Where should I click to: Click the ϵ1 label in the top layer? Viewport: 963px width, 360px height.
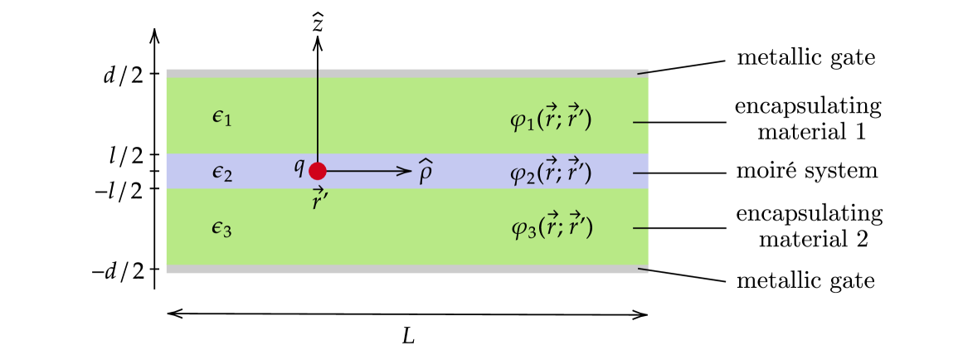click(221, 119)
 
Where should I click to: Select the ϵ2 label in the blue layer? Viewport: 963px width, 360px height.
click(221, 173)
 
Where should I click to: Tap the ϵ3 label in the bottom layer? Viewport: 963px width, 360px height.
click(221, 228)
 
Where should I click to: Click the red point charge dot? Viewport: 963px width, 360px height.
click(318, 171)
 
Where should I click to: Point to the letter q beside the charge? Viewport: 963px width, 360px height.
click(299, 166)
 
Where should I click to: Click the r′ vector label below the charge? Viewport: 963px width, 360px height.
click(319, 199)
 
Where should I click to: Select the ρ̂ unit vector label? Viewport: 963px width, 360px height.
click(425, 173)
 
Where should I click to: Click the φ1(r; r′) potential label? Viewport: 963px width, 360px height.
click(551, 119)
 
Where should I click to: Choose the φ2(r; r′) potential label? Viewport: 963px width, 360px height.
click(551, 173)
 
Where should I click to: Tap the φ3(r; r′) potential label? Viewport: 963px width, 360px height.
click(552, 226)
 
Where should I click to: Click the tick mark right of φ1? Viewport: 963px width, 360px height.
click(640, 122)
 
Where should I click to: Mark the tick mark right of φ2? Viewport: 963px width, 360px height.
click(640, 173)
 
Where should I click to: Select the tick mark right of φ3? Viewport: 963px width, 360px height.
click(640, 228)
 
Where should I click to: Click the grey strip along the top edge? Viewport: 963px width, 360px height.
click(406, 73)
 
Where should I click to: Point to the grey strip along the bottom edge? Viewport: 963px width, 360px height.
click(406, 270)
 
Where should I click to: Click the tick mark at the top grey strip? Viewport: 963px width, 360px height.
click(642, 73)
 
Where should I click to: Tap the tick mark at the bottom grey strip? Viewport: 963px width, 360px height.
click(642, 269)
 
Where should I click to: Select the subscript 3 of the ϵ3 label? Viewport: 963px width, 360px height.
click(227, 231)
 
